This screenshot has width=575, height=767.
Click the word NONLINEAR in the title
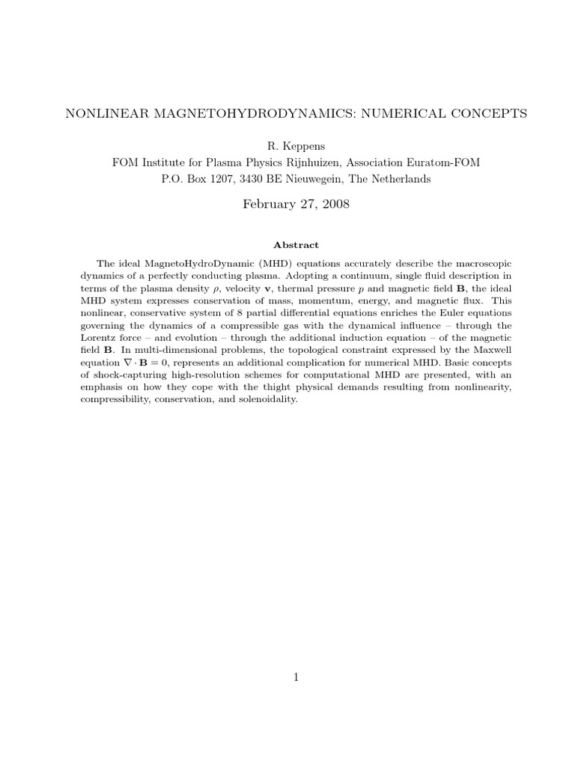tap(99, 114)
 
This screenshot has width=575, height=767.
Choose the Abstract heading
tap(296, 245)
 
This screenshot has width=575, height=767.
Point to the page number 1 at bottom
tap(296, 677)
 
